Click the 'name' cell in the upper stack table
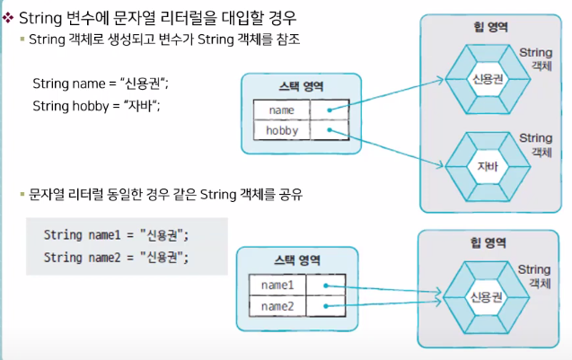pos(281,110)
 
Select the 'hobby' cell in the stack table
pos(281,130)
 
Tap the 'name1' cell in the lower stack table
pos(277,285)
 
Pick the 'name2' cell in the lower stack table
pos(277,307)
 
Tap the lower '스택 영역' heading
pos(298,261)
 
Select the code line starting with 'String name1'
pos(117,235)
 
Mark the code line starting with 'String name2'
pos(117,258)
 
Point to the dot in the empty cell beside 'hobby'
pos(330,130)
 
